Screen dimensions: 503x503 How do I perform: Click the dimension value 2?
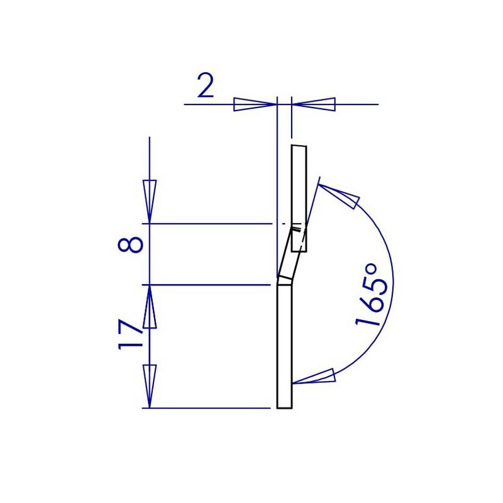(205, 86)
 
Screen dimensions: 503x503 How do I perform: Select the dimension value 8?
(130, 243)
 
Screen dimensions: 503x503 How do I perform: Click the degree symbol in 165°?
(371, 272)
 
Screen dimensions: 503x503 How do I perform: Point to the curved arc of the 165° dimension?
(391, 277)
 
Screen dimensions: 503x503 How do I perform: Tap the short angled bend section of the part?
(288, 255)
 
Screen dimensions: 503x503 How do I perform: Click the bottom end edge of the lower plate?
(284, 407)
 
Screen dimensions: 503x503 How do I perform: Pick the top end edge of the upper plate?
(299, 146)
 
